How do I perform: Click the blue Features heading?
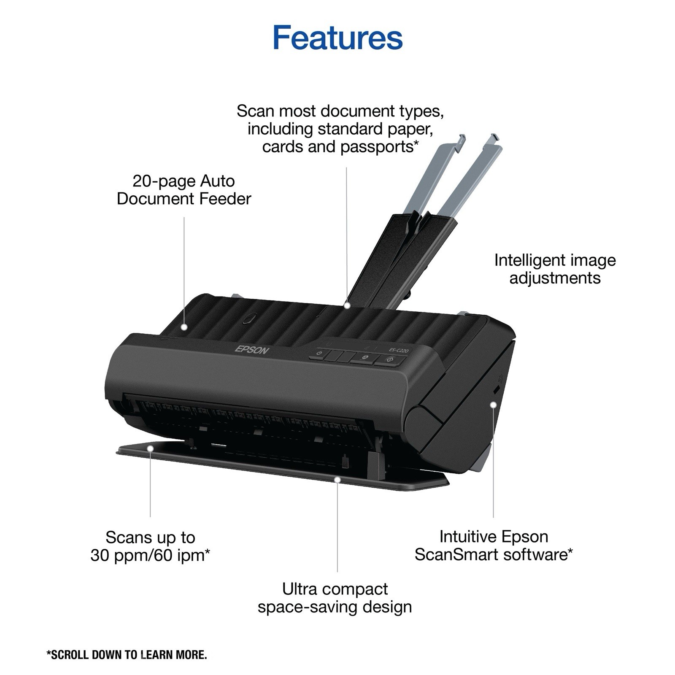[337, 37]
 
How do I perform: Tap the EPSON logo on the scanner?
[251, 349]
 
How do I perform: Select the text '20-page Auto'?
[184, 181]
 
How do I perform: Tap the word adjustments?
[555, 278]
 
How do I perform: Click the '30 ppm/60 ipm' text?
[148, 555]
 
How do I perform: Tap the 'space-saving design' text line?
[335, 607]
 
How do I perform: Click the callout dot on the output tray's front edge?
[337, 479]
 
